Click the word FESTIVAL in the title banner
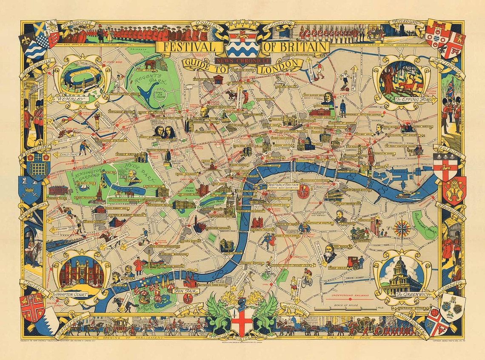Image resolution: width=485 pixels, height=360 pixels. (186, 46)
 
